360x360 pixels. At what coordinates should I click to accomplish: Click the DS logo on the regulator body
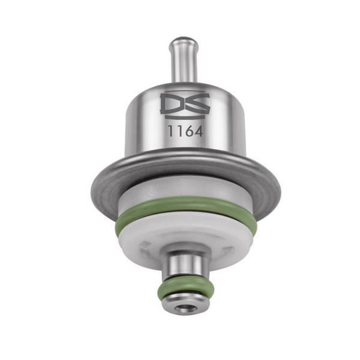185,104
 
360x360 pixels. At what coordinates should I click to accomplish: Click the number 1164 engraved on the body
185,131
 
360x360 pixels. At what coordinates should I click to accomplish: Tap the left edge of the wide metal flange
92,187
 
